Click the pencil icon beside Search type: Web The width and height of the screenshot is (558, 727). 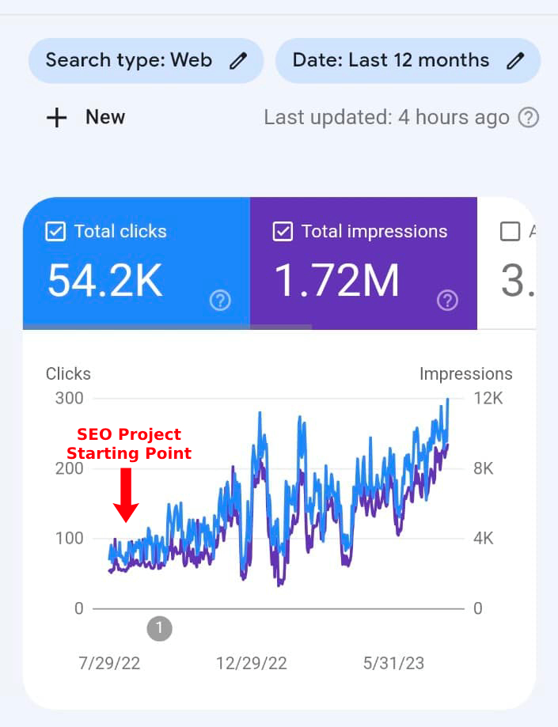238,61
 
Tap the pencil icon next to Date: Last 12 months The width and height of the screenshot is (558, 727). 515,61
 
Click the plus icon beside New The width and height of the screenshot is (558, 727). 57,118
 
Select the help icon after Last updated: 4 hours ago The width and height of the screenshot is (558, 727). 528,118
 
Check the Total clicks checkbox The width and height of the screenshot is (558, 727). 55,232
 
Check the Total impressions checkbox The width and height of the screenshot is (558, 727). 283,232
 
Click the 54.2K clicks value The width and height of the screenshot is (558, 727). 105,280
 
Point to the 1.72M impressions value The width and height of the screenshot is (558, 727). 337,280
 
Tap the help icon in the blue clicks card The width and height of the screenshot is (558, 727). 220,300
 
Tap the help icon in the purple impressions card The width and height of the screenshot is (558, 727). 447,300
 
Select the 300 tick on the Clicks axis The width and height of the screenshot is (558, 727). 70,398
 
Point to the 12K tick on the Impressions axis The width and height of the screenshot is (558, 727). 488,398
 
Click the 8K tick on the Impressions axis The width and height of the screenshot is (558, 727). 483,468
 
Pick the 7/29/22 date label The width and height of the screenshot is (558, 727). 109,663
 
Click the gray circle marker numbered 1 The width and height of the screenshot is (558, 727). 159,629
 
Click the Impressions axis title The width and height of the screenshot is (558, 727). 465,373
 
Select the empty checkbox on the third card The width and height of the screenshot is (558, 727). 511,232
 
